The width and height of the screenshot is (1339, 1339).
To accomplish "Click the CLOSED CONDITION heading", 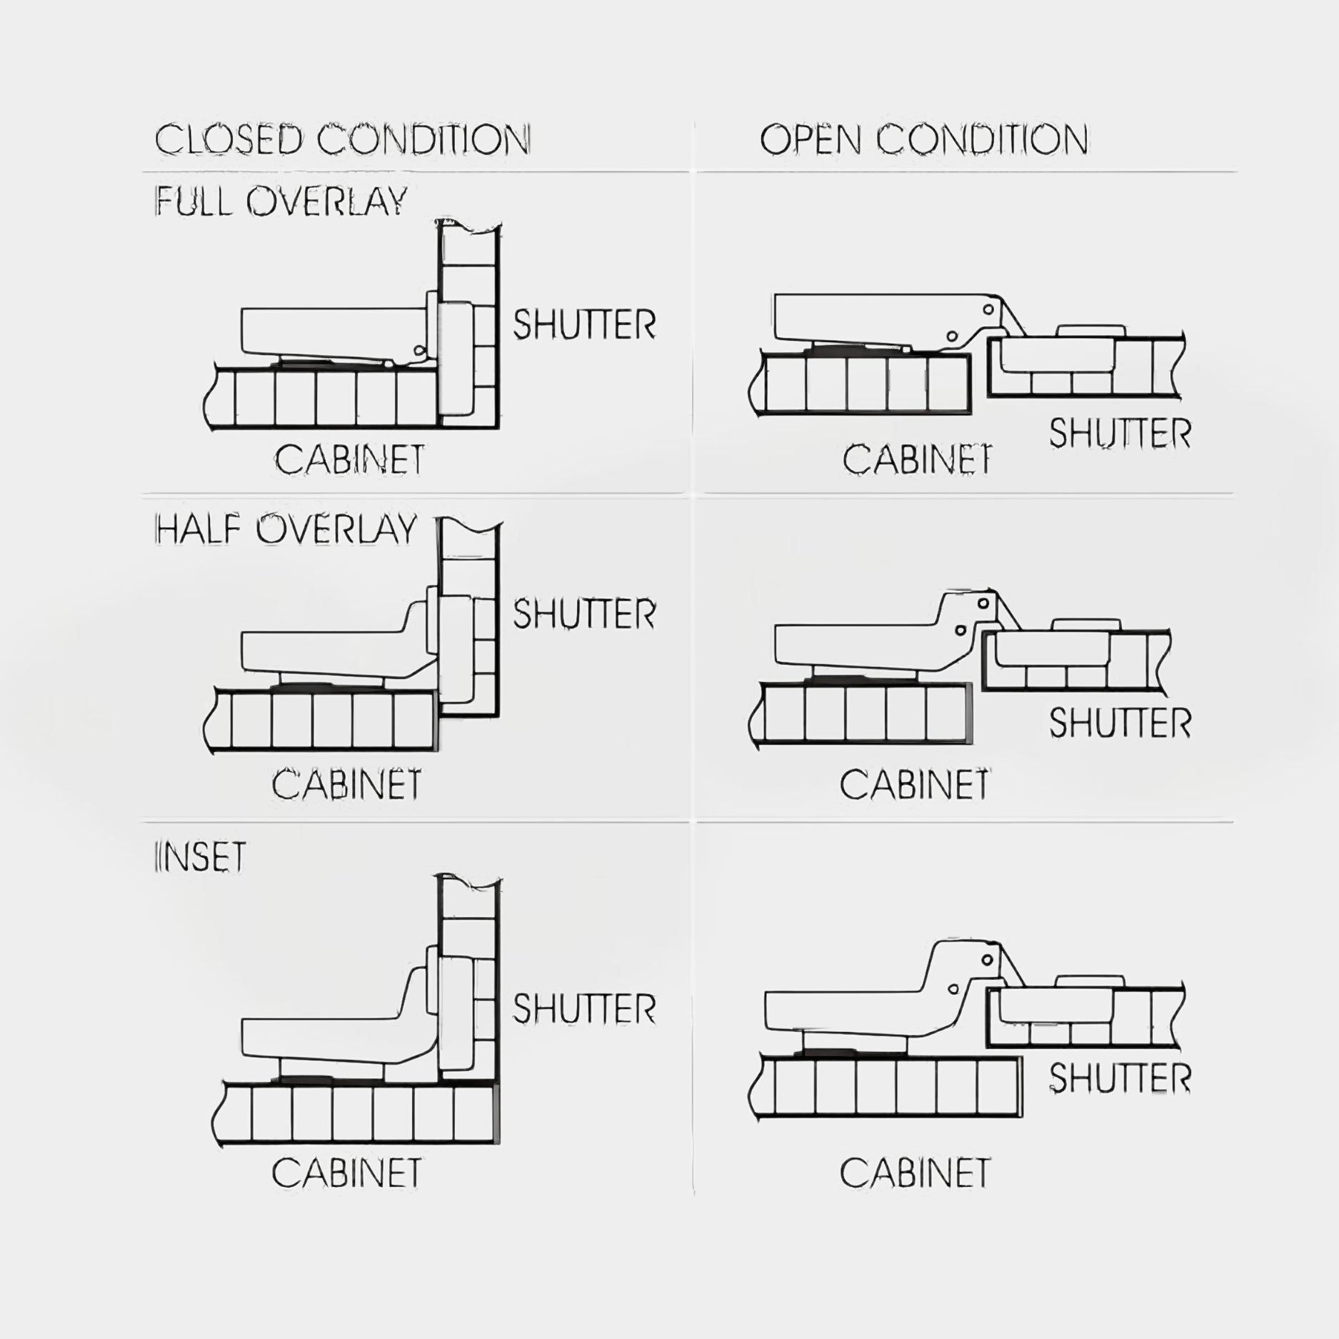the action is tap(343, 139).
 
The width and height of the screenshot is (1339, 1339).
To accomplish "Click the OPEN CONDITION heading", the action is tap(924, 139).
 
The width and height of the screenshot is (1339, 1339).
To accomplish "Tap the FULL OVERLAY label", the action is tap(281, 201).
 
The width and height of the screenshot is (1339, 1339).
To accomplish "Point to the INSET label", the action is tap(200, 856).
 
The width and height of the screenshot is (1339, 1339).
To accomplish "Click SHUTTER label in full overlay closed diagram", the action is tap(584, 325).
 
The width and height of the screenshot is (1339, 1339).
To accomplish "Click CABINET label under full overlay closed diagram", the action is tap(349, 458).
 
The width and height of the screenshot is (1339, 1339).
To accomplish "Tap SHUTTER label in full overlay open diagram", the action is tap(1120, 433).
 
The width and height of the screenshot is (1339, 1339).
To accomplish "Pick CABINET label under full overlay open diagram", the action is tap(918, 458).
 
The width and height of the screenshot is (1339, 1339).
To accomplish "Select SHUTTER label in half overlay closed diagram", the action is tap(584, 614).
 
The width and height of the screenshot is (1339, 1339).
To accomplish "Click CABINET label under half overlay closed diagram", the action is tap(346, 784).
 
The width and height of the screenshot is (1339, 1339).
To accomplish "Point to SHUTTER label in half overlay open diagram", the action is tap(1120, 723).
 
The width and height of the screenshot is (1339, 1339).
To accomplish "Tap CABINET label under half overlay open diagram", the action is tap(915, 784).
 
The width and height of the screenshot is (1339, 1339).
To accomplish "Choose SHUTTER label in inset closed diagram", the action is tap(584, 1008).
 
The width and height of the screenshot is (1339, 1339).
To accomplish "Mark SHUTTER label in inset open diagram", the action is tap(1120, 1078).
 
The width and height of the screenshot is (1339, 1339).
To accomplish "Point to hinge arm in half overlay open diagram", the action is tap(886, 632).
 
